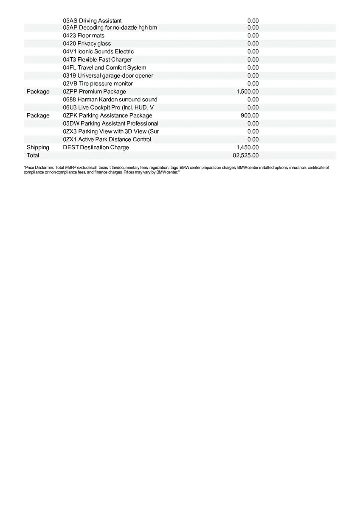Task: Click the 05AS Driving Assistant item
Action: pos(92,20)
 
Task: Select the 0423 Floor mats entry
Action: pos(84,36)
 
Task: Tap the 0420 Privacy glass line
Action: pos(87,44)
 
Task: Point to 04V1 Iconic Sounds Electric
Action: pos(98,52)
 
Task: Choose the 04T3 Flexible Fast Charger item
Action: pos(97,60)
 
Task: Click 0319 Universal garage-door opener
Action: pos(108,76)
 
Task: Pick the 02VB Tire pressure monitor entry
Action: pos(98,84)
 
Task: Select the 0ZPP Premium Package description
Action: pos(94,92)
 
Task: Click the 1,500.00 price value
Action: pos(247,92)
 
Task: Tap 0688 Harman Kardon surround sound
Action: pos(110,100)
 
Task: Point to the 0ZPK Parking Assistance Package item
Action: pos(107,116)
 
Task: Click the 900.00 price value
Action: pos(250,116)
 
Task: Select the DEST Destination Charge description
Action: pos(96,148)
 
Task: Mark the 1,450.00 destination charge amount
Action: pos(247,148)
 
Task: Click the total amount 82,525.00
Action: pos(246,156)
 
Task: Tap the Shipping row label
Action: pos(38,148)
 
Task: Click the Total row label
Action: pos(33,156)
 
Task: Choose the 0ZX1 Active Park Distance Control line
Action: pos(107,140)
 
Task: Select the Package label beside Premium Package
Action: pos(38,92)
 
